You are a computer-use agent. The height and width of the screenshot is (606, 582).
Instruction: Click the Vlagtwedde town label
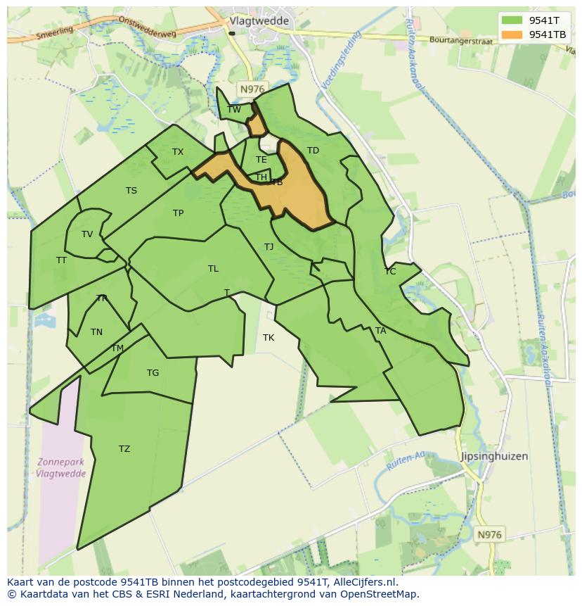point(259,21)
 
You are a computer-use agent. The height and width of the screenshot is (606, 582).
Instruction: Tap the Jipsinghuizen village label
point(493,456)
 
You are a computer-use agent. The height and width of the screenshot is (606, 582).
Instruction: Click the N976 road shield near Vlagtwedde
point(252,89)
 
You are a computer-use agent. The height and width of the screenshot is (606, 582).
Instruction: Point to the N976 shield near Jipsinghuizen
point(489,535)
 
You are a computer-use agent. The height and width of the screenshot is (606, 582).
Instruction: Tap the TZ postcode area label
point(124,449)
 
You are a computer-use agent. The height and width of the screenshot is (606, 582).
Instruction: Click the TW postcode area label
point(234,109)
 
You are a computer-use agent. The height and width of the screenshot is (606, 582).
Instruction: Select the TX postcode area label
point(178,152)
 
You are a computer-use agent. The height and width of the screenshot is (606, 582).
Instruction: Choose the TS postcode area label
point(131,191)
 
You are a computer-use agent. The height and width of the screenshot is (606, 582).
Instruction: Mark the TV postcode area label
point(87,234)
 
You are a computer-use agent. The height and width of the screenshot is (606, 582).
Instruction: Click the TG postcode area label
point(153,373)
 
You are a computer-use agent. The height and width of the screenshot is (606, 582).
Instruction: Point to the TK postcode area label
point(269,338)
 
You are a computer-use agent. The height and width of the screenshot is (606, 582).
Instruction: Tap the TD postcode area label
point(313,151)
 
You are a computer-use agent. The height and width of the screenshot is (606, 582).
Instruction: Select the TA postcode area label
point(380,331)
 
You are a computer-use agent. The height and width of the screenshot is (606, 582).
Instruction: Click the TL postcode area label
point(213,269)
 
